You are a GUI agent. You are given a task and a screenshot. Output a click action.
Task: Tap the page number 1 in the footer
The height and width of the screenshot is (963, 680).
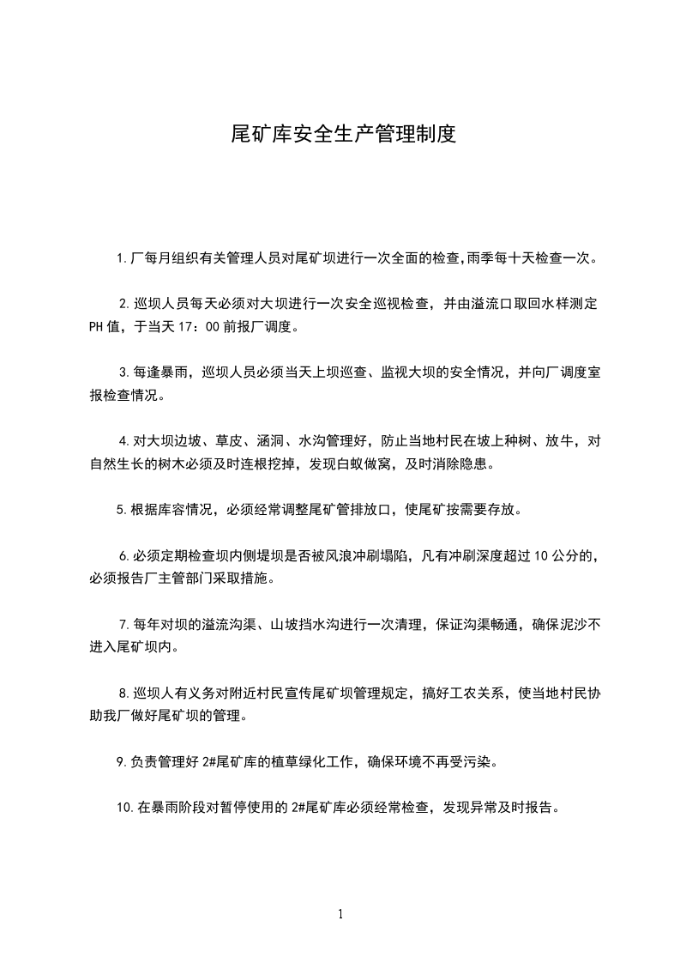pyautogui.click(x=340, y=913)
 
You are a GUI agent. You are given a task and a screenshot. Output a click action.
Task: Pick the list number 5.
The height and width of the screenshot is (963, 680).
pyautogui.click(x=121, y=510)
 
